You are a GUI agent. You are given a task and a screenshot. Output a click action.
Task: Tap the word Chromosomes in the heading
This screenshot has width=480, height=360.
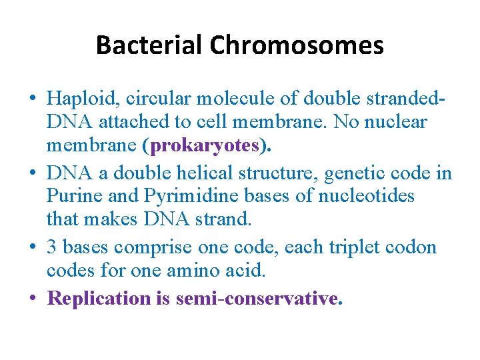[297, 45]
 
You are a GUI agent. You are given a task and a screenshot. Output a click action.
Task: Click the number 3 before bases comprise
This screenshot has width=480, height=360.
[52, 247]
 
